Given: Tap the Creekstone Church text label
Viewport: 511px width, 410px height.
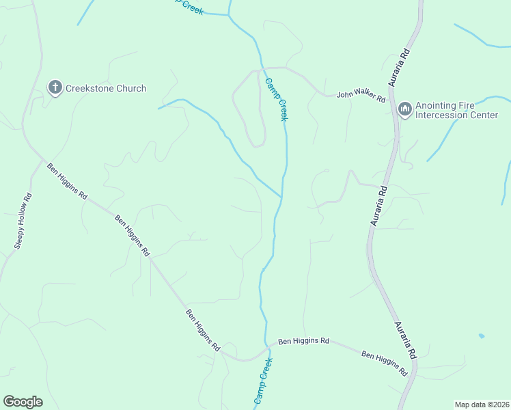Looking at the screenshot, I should (x=106, y=88).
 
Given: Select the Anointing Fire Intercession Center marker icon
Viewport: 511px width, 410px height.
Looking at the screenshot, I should (x=404, y=109).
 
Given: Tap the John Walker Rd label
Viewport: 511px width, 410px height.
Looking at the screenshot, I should (x=361, y=96).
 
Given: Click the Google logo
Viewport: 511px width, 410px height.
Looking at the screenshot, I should (x=23, y=402).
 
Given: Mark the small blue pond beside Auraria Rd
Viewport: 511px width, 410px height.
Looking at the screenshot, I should (x=482, y=336).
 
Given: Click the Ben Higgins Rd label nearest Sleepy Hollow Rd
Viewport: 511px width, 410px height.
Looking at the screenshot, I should (x=67, y=180).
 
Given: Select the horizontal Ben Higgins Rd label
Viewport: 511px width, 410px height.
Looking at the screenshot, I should (x=304, y=341).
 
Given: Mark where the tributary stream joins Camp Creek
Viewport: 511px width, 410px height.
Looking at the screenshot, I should (x=281, y=197).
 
